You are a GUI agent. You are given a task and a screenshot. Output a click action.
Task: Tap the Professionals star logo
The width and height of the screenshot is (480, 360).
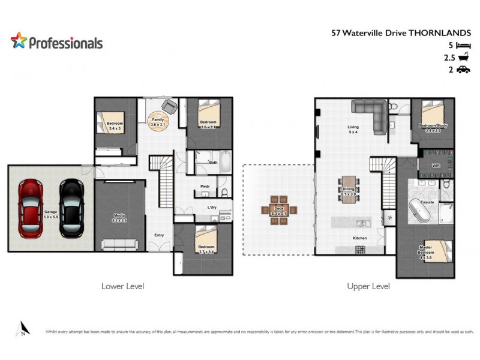pos(19,41)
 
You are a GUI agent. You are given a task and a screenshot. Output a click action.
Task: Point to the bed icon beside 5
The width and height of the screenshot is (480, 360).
pos(462,46)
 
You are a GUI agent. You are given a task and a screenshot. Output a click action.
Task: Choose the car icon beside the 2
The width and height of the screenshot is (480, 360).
pos(462,70)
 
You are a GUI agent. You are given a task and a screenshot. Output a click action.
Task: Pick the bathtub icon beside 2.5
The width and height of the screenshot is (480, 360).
pos(463,58)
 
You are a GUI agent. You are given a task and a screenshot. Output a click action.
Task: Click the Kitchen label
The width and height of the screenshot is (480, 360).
pos(359,238)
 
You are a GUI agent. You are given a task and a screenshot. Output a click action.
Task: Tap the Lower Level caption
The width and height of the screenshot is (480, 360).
pos(122,286)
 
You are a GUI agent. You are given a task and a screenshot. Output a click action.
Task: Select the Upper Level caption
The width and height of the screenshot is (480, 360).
pos(368,286)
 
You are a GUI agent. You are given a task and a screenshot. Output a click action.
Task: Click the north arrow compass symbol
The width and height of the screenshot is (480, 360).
pos(22,328)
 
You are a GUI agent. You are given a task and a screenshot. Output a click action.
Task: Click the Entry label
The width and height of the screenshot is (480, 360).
pos(160,235)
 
